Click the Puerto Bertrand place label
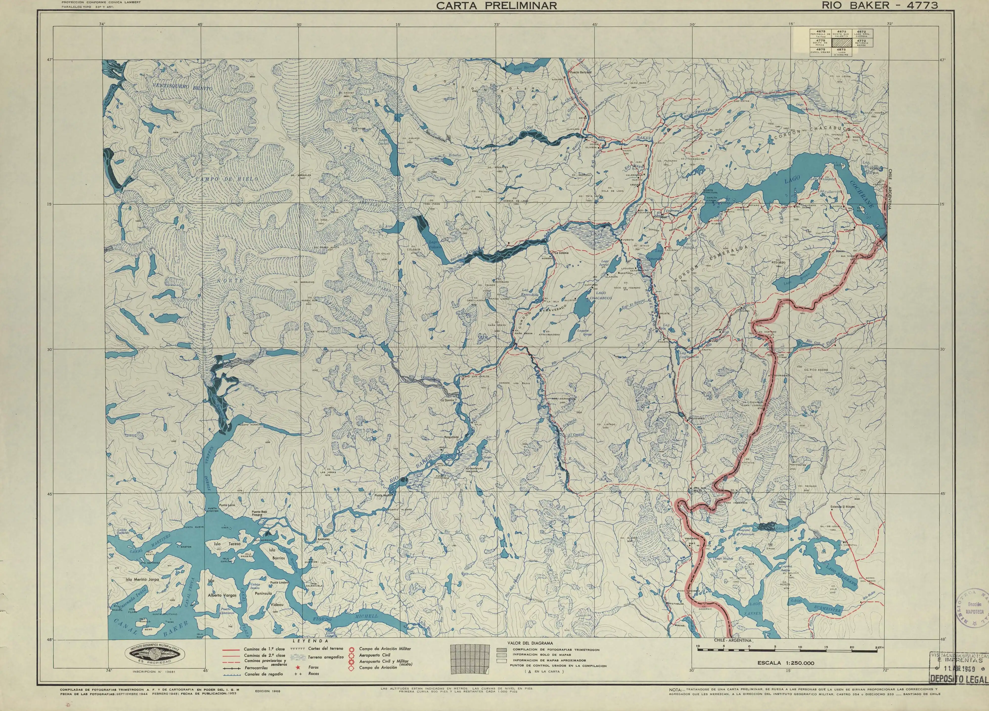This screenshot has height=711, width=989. tap(580, 72)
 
